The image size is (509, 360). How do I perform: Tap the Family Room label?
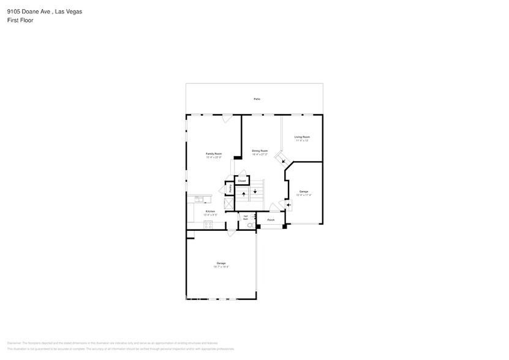pyautogui.click(x=213, y=154)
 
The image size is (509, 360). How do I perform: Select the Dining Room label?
pyautogui.click(x=260, y=151)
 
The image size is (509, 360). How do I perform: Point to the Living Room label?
pyautogui.click(x=301, y=137)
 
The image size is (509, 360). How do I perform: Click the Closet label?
pyautogui.click(x=241, y=181)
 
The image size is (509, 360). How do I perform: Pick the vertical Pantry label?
pyautogui.click(x=230, y=190)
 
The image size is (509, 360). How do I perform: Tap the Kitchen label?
pyautogui.click(x=210, y=211)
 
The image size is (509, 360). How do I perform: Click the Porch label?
pyautogui.click(x=271, y=220)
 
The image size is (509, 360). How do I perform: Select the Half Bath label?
pyautogui.click(x=246, y=217)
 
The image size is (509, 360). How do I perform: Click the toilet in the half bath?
pyautogui.click(x=250, y=225)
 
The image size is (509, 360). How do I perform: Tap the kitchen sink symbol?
pyautogui.click(x=198, y=199)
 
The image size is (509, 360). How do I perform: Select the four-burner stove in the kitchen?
pyautogui.click(x=208, y=225)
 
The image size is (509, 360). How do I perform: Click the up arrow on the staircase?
pyautogui.click(x=244, y=193)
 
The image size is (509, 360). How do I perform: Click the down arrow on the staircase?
pyautogui.click(x=255, y=192)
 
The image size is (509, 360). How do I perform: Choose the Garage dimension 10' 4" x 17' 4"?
pyautogui.click(x=303, y=195)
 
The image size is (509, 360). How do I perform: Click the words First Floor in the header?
pyautogui.click(x=20, y=20)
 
